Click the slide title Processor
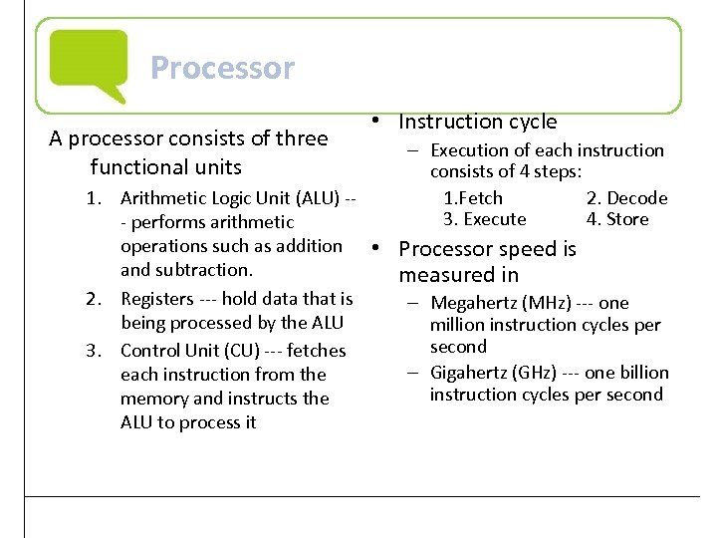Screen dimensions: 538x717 pyautogui.click(x=222, y=68)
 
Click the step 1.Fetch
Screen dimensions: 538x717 pyautogui.click(x=473, y=198)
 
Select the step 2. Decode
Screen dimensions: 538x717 pyautogui.click(x=626, y=198)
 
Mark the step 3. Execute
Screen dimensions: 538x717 pyautogui.click(x=484, y=219)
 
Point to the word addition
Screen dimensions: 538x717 pyautogui.click(x=308, y=246)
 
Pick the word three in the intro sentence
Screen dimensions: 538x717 pyautogui.click(x=300, y=138)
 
